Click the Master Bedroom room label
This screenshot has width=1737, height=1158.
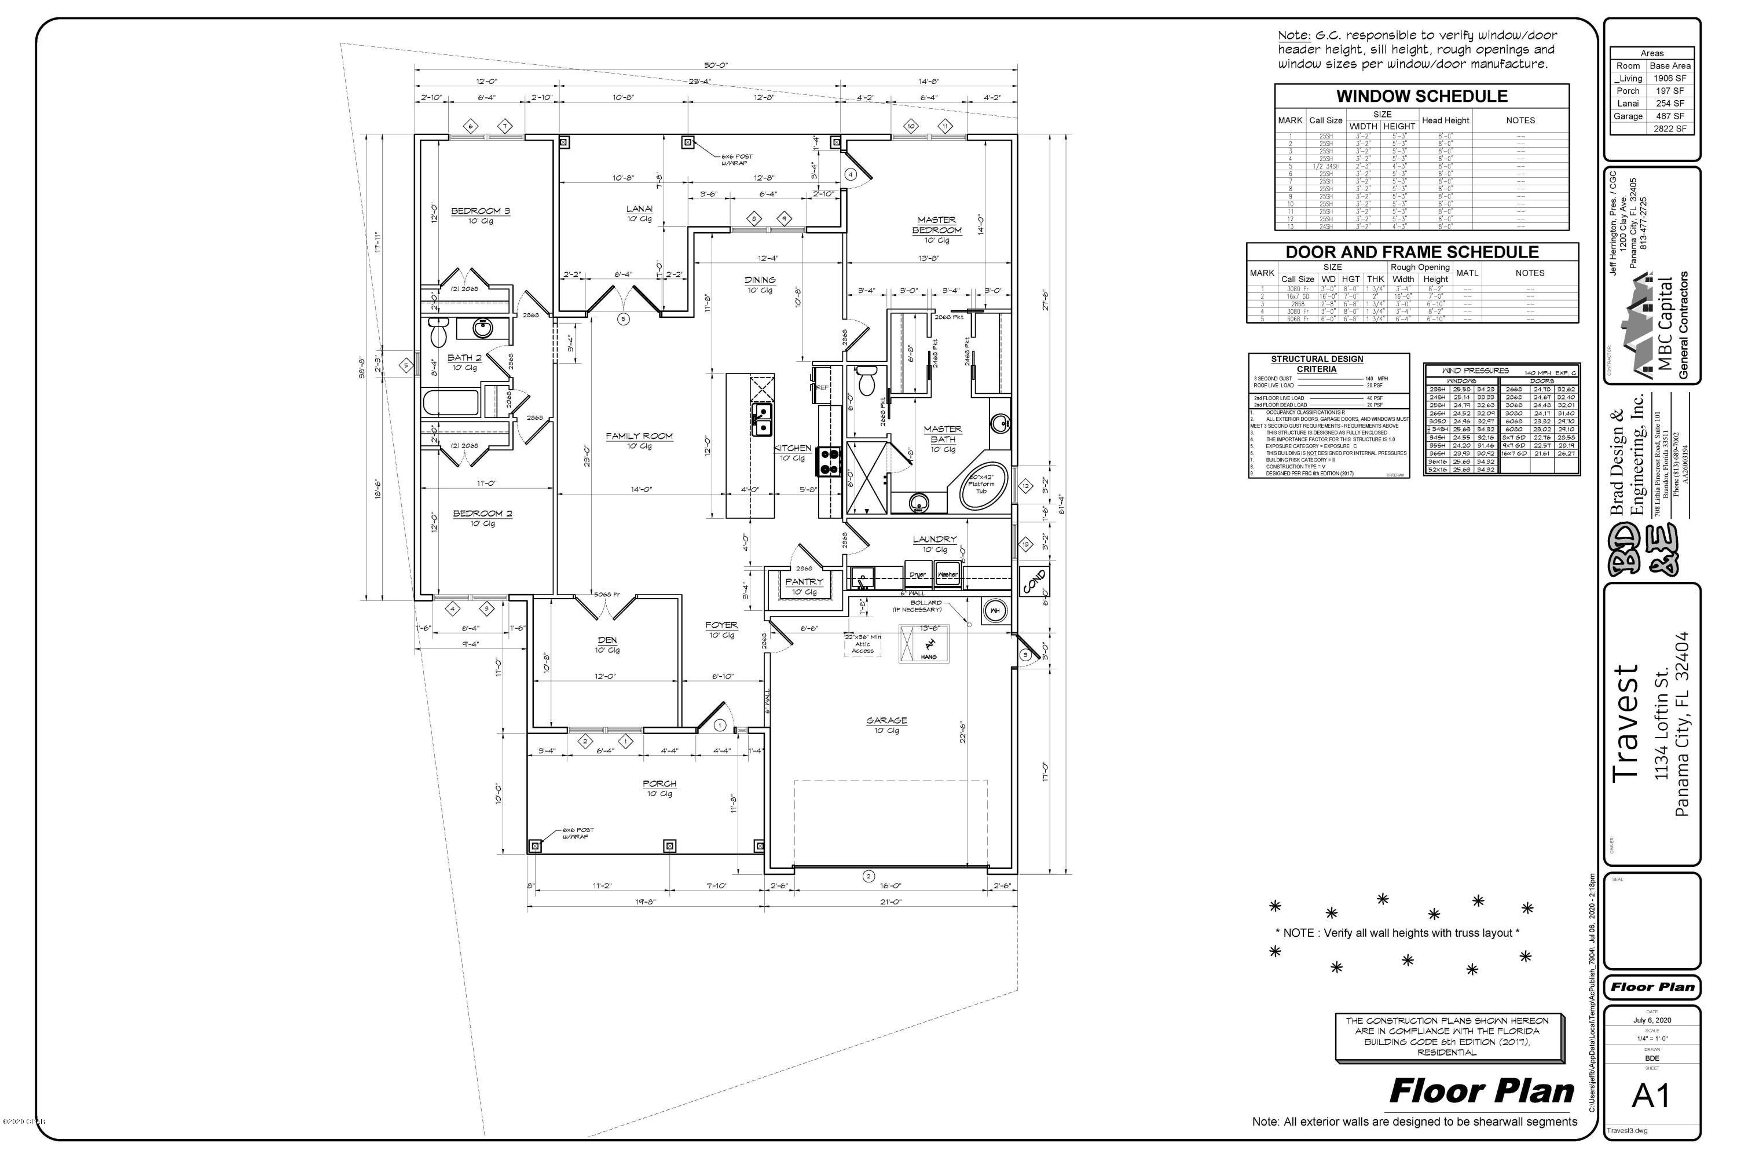(x=936, y=225)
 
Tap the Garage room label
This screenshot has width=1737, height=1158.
(x=886, y=721)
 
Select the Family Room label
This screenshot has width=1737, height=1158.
(x=639, y=437)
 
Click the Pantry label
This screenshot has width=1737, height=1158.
(x=804, y=582)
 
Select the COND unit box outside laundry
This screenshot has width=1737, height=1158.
(x=1033, y=581)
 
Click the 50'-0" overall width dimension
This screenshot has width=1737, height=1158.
(x=715, y=65)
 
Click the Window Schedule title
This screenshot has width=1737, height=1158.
(x=1421, y=96)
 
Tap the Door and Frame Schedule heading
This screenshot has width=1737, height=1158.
(x=1412, y=252)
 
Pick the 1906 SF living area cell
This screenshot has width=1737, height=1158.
(x=1670, y=78)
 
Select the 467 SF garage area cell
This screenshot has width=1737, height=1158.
(x=1670, y=116)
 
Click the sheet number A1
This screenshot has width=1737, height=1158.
(x=1651, y=1097)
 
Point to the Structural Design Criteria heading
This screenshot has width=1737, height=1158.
(x=1317, y=364)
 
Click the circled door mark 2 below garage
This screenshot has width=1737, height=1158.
(x=868, y=877)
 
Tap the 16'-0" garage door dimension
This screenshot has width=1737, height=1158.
(x=891, y=885)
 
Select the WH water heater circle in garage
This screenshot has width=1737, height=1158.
(x=995, y=611)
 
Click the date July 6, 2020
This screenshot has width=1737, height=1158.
(x=1651, y=1020)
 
